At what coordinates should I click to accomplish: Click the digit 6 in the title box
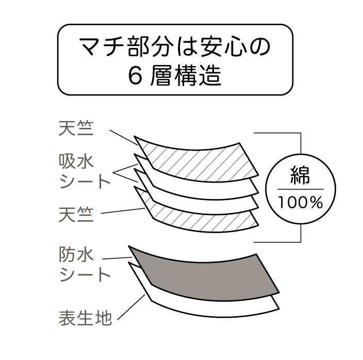pos(135,77)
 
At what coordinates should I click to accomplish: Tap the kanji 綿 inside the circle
pos(301,175)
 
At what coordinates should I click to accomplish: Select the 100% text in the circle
pos(301,202)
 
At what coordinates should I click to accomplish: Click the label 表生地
pos(85,318)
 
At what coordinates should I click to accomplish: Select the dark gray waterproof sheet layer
pos(201,273)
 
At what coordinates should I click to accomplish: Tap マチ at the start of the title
pos(98,48)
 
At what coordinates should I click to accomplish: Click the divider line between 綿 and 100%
pos(301,189)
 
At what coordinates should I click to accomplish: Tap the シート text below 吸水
pos(85,182)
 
